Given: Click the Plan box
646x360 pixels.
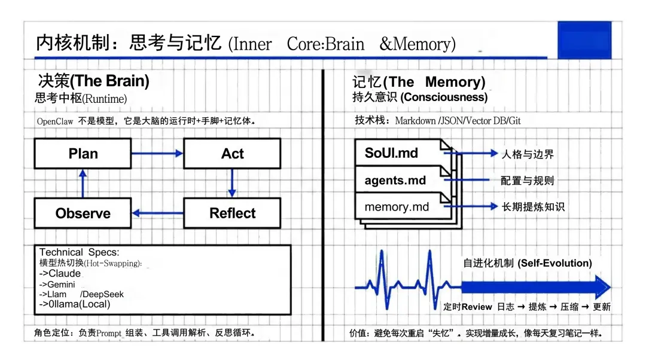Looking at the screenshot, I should (83, 154).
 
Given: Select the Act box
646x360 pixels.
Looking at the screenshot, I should (232, 154).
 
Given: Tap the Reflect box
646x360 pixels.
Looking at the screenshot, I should (232, 213).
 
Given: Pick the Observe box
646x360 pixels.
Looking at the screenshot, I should (83, 213).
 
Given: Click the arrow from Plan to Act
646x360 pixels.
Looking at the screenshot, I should (157, 154).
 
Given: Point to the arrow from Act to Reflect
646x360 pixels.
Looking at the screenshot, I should (232, 183).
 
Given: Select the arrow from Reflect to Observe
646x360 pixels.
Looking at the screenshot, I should (157, 213).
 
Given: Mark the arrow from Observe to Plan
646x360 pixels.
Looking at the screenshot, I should (83, 183).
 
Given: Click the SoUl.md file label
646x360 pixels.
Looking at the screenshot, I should (391, 153).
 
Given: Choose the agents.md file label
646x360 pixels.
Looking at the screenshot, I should (395, 180).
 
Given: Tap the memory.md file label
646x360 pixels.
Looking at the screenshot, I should (397, 207).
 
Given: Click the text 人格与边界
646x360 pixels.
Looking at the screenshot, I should (527, 154).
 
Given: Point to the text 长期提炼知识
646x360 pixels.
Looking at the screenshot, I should (532, 207).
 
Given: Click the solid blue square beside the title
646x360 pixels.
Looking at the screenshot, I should (584, 40).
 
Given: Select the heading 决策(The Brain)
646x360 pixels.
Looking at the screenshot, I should (93, 81).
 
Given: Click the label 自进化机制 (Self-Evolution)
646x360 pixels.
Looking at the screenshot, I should (528, 263).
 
